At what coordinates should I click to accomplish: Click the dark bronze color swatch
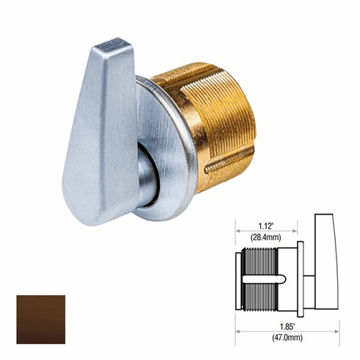coord(40,320)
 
